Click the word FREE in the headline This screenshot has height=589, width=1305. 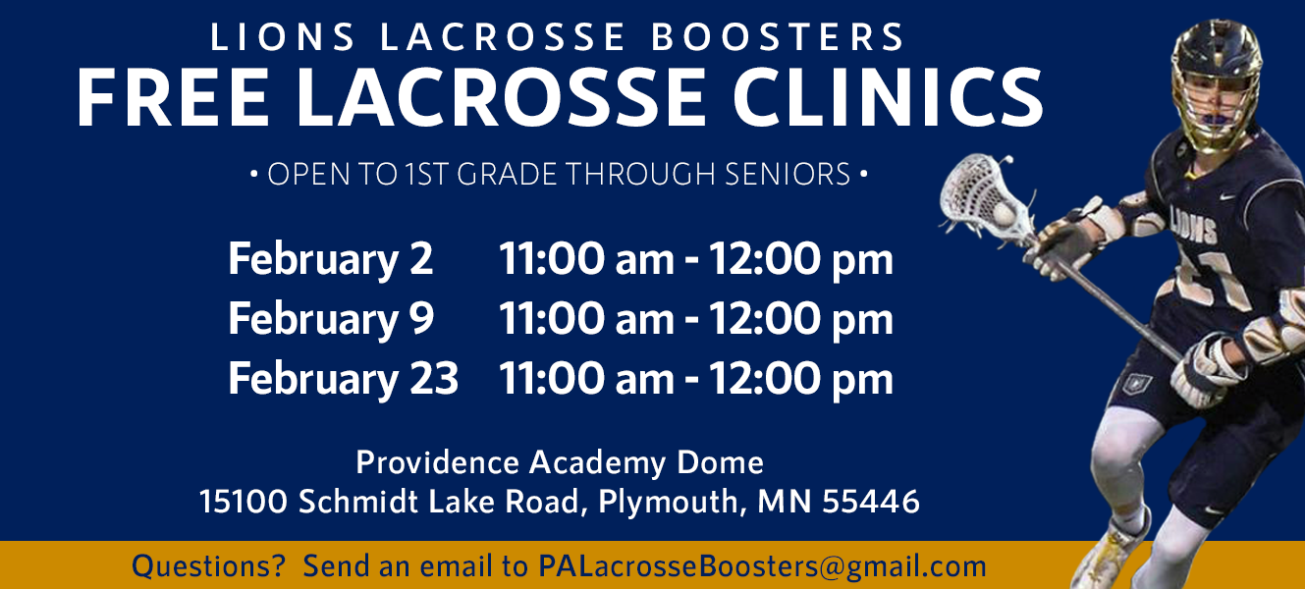coord(173,97)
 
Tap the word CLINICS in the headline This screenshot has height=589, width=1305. coord(888,97)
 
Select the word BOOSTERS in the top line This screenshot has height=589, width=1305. coord(777,36)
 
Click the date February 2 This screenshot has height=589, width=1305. coord(330,258)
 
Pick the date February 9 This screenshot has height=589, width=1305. coord(331,318)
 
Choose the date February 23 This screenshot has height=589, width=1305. coord(343,378)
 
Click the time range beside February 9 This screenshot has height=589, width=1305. coord(695,319)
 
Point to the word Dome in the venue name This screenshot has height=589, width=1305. coord(720,462)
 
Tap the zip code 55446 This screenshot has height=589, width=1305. coord(870,502)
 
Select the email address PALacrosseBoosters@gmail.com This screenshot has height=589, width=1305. coord(762,566)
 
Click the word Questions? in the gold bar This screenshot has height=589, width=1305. coord(208,566)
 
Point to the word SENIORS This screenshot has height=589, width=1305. coord(788,174)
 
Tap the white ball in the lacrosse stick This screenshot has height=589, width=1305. coord(1004,214)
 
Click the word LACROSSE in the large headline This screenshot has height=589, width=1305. coord(500,97)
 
